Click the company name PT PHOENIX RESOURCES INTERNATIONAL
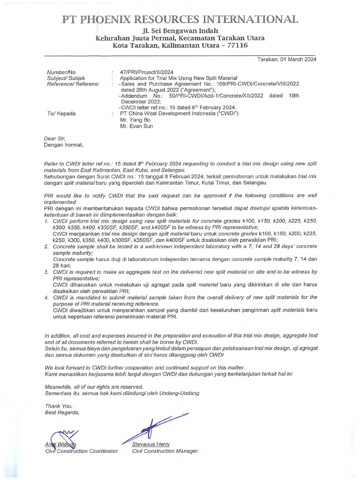180,19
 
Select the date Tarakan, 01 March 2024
287,60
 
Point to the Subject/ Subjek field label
66,78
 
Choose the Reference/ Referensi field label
73,84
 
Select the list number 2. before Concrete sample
46,247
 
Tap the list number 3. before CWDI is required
46,272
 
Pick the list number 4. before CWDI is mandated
46,297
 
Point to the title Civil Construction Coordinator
81,451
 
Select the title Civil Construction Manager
165,451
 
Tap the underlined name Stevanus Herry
151,444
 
